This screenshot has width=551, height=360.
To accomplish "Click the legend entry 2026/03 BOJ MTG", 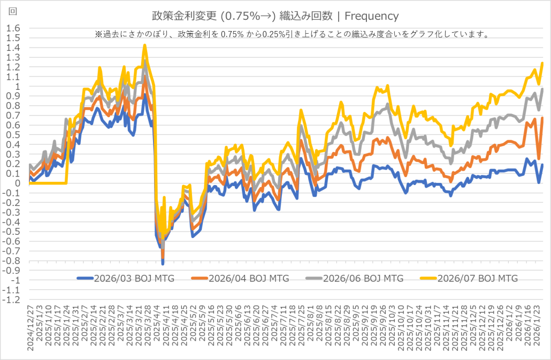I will coord(134,278).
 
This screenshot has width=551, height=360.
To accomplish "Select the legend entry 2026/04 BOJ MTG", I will coord(249,278).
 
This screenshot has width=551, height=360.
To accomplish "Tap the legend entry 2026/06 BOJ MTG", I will coord(363,278).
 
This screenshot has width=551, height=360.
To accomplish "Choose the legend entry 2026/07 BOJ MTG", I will coord(477,278).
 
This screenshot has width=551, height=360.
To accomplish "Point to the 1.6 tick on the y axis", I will coord(13,28).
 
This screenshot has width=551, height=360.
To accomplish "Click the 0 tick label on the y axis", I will coord(17,183).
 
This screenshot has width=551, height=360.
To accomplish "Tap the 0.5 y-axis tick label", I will coord(13,135).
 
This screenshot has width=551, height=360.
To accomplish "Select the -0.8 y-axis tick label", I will coord(12,261).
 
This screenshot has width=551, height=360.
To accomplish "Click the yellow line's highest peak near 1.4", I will coord(144,45).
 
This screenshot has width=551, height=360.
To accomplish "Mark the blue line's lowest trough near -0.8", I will coord(163,263).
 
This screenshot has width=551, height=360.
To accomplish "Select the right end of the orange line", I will coord(542,118).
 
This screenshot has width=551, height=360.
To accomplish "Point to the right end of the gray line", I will coord(542,89).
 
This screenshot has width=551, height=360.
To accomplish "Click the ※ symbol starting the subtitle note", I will coord(98,34).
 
